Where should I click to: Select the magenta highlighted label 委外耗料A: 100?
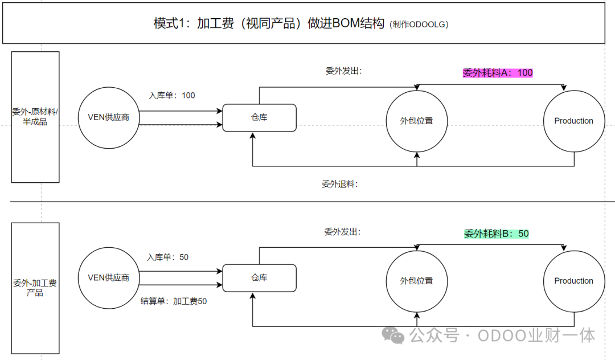(498, 73)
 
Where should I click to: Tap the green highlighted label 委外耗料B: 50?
(497, 234)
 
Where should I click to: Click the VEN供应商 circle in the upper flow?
(108, 117)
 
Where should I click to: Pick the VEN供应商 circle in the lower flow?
(108, 278)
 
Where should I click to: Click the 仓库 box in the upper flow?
(259, 117)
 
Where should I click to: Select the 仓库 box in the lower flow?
(259, 278)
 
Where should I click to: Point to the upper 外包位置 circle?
(417, 121)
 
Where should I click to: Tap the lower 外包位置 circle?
(417, 281)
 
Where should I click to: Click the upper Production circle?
(573, 121)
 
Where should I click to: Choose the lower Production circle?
(573, 281)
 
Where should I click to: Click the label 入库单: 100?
(172, 96)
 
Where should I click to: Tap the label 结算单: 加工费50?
(174, 301)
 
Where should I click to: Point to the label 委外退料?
(339, 184)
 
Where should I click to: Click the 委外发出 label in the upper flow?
(344, 71)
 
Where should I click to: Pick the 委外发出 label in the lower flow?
(342, 232)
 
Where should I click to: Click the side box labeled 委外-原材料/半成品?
(35, 117)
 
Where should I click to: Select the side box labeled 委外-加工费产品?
(35, 288)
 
